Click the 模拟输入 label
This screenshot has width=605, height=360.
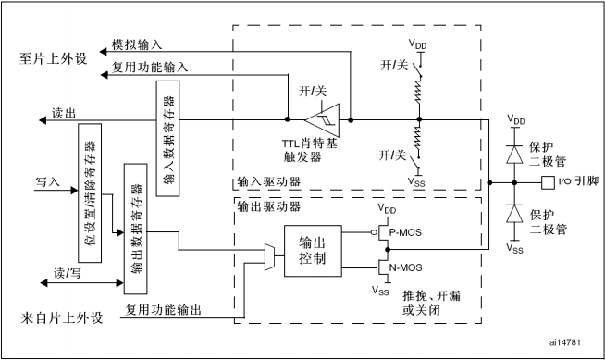click(136, 43)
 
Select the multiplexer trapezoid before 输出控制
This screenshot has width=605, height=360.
click(269, 254)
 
